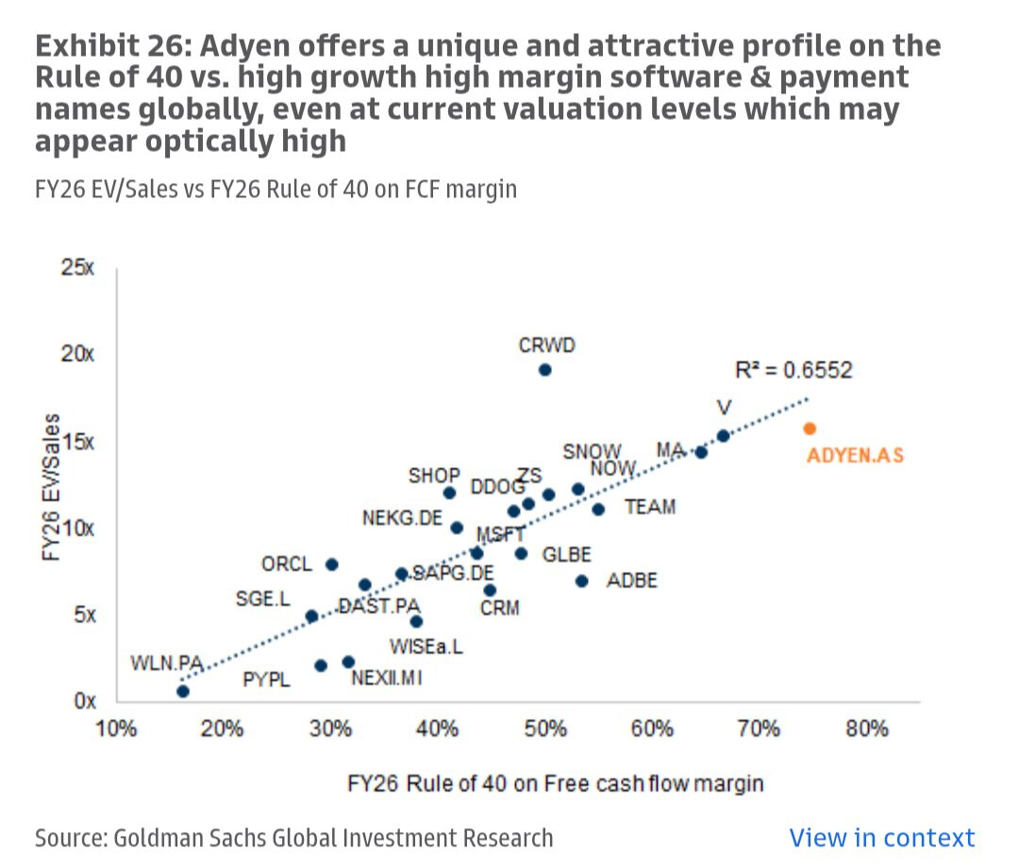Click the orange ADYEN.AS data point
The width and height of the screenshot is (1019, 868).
coord(810,428)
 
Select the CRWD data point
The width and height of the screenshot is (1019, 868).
coord(544,369)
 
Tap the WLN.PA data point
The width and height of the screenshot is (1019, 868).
coord(183,692)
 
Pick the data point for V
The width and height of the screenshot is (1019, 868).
coord(723,436)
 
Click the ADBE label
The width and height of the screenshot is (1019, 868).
coord(631,580)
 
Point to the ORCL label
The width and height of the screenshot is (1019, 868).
coord(286,564)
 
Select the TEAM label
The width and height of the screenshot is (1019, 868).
coord(650,508)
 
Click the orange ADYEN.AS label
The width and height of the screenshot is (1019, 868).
coord(855,456)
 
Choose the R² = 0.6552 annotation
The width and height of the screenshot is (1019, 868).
coord(793,370)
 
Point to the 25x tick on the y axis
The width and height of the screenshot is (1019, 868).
coord(78,267)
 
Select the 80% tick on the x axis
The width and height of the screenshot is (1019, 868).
coord(866,729)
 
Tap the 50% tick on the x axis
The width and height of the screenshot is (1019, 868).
coord(545,729)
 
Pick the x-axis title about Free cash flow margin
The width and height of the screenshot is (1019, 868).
coord(555,783)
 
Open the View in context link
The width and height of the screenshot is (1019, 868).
coord(881,837)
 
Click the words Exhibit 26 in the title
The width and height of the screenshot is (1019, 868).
coord(100,45)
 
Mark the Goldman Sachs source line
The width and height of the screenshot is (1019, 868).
coord(293,837)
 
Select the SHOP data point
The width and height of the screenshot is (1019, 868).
coord(449,492)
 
